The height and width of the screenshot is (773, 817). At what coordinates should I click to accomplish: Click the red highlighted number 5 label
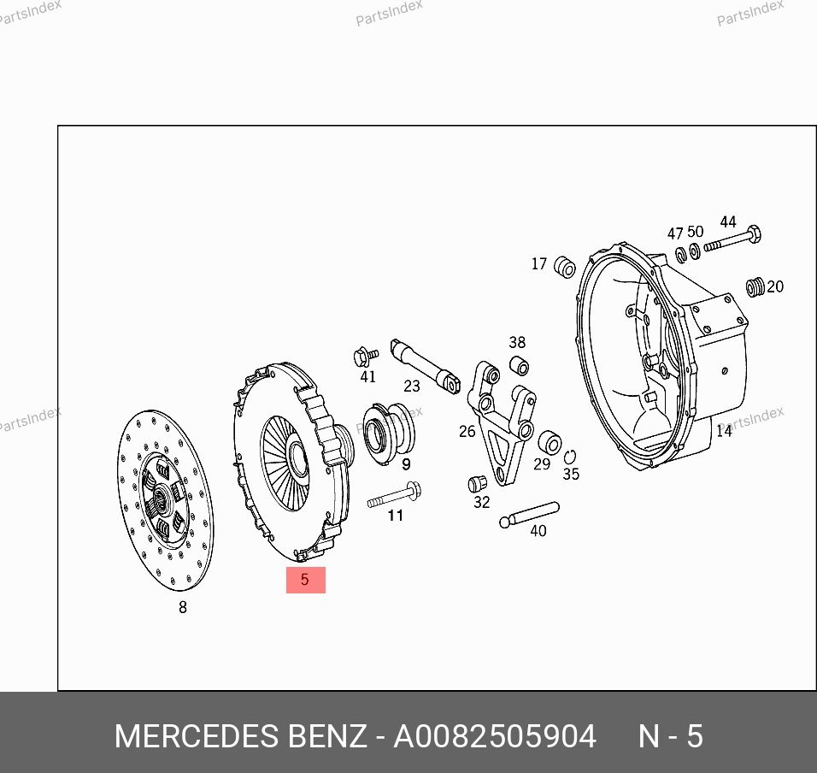pyautogui.click(x=305, y=580)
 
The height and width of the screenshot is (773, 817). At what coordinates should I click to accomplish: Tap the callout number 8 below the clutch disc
pyautogui.click(x=183, y=607)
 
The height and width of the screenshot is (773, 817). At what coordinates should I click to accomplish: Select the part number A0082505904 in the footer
pyautogui.click(x=495, y=736)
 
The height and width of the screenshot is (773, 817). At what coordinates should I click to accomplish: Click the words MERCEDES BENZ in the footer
pyautogui.click(x=240, y=736)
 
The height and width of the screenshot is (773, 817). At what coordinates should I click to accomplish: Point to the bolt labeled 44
pyautogui.click(x=732, y=239)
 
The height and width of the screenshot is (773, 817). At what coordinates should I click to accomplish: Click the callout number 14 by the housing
pyautogui.click(x=724, y=431)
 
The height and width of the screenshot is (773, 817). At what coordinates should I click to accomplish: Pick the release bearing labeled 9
pyautogui.click(x=388, y=433)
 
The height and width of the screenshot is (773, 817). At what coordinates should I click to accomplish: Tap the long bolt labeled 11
pyautogui.click(x=395, y=495)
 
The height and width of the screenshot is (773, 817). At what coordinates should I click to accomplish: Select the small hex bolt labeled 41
pyautogui.click(x=365, y=357)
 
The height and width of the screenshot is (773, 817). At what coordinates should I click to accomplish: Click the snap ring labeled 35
pyautogui.click(x=569, y=457)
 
